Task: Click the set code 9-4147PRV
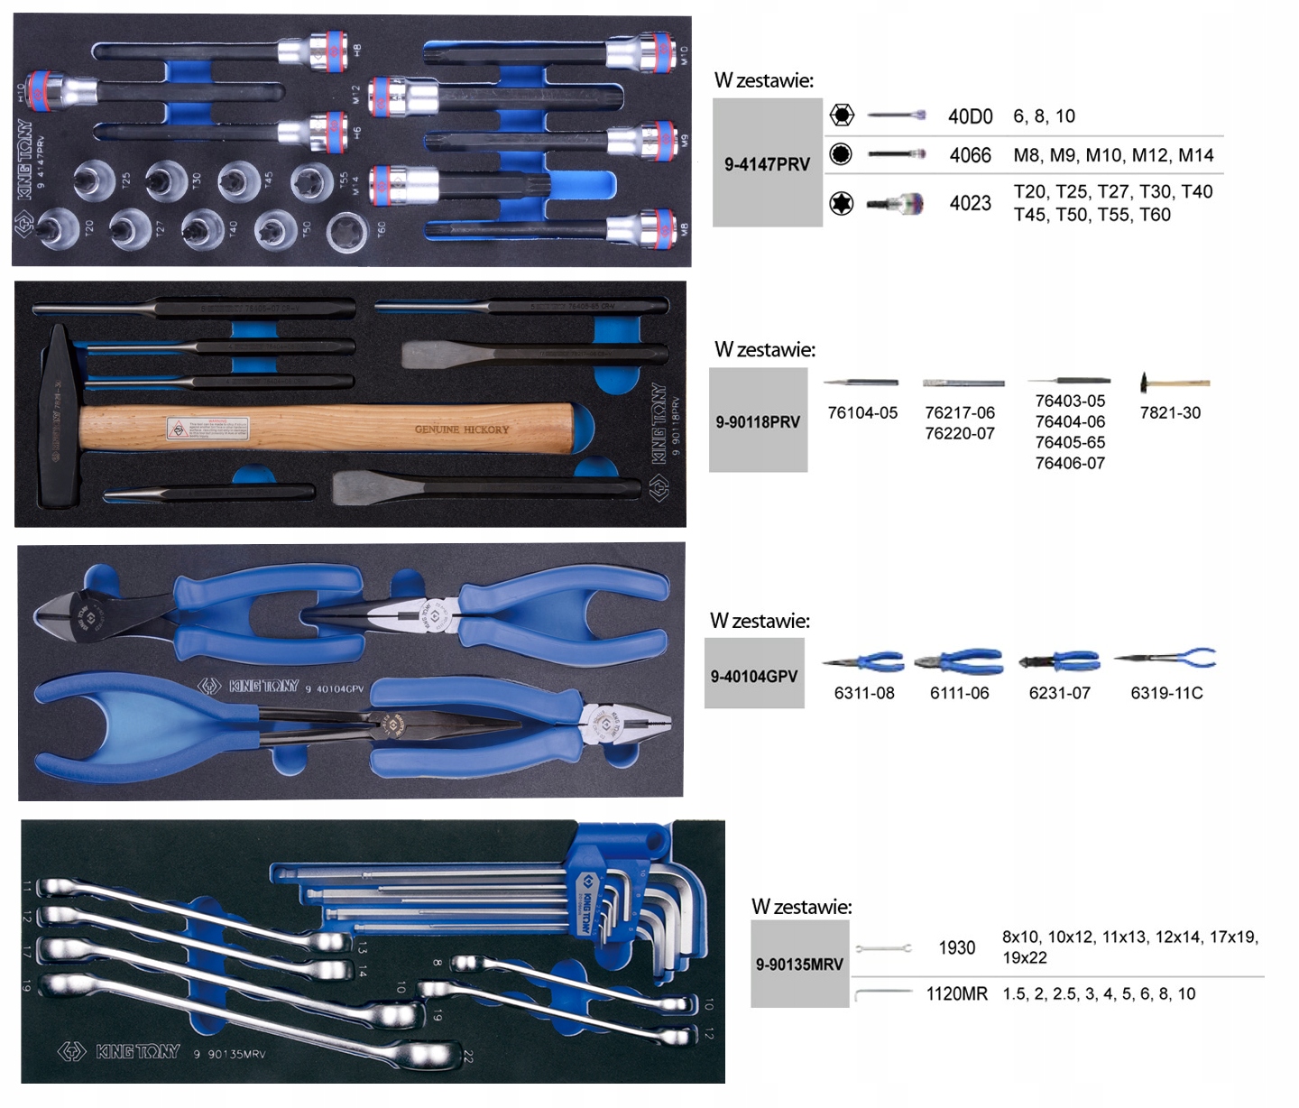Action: coord(767,164)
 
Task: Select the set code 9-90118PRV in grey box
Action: coord(758,421)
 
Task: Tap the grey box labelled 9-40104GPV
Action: coord(753,676)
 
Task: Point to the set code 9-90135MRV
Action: coord(799,964)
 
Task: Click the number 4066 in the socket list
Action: coord(970,155)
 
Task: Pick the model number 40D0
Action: coord(970,116)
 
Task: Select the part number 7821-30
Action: coord(1170,412)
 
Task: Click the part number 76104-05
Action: coord(862,412)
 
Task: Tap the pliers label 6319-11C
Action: coord(1166,693)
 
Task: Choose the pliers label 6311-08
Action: coord(864,693)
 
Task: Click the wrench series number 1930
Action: coord(956,947)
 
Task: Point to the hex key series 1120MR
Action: coord(956,993)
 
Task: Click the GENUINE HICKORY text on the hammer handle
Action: coord(462,429)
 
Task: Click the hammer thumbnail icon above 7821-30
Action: coord(1173,383)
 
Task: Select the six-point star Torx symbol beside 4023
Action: coord(842,204)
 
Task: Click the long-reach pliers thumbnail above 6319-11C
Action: coord(1165,658)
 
